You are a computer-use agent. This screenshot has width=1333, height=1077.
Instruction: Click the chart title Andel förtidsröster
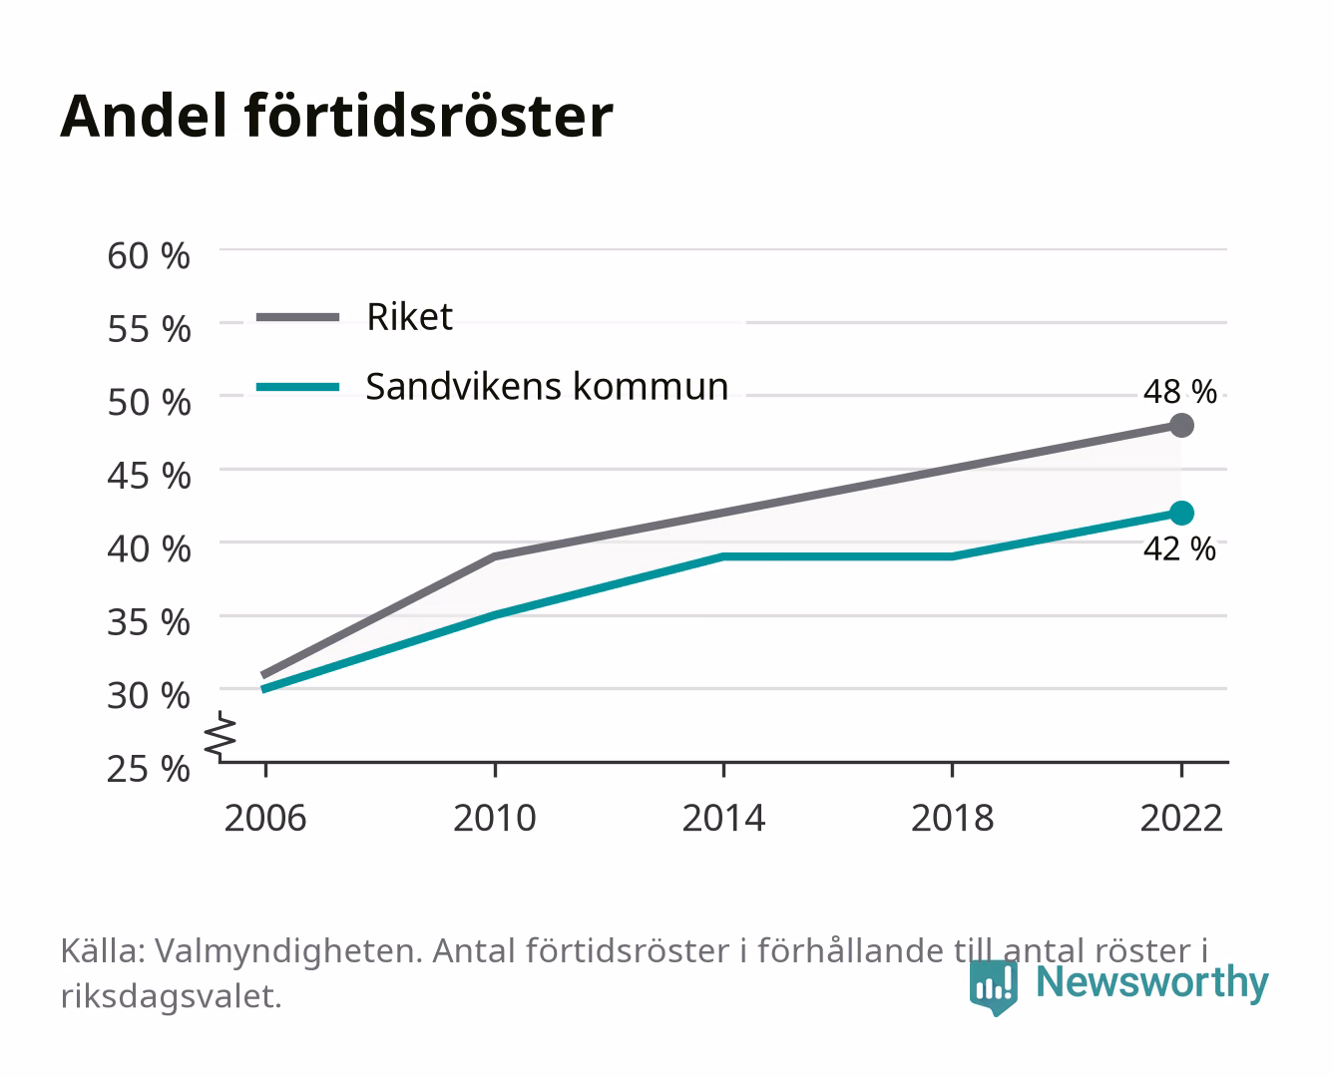point(336,117)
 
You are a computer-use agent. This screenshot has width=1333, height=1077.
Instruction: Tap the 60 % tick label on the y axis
point(149,256)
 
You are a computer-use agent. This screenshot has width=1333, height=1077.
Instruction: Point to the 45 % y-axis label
point(149,476)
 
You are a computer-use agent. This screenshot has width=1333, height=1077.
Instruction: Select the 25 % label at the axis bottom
point(149,769)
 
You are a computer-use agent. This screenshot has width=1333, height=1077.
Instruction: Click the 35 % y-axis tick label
point(149,622)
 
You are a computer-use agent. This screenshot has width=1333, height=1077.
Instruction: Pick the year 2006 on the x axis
point(265,818)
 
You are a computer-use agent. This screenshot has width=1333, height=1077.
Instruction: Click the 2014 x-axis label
point(723,818)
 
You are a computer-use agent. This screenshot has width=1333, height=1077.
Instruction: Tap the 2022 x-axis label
point(1181,818)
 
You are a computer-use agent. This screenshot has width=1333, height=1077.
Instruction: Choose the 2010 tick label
point(495,818)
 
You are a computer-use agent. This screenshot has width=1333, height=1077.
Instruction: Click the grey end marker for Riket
point(1181,425)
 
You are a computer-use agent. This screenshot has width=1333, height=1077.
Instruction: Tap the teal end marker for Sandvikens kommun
point(1181,513)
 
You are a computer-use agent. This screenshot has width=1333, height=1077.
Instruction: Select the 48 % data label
point(1179,392)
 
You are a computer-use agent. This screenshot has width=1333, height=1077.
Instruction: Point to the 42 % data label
point(1179,549)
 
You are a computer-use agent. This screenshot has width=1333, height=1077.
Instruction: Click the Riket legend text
point(409,316)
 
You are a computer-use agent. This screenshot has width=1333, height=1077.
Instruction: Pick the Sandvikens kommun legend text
point(547,387)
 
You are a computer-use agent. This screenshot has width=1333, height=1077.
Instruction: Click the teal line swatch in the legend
point(298,387)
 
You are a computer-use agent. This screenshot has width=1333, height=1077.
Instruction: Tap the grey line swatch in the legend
point(298,317)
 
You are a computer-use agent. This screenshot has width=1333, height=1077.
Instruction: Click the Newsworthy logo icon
point(993,987)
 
